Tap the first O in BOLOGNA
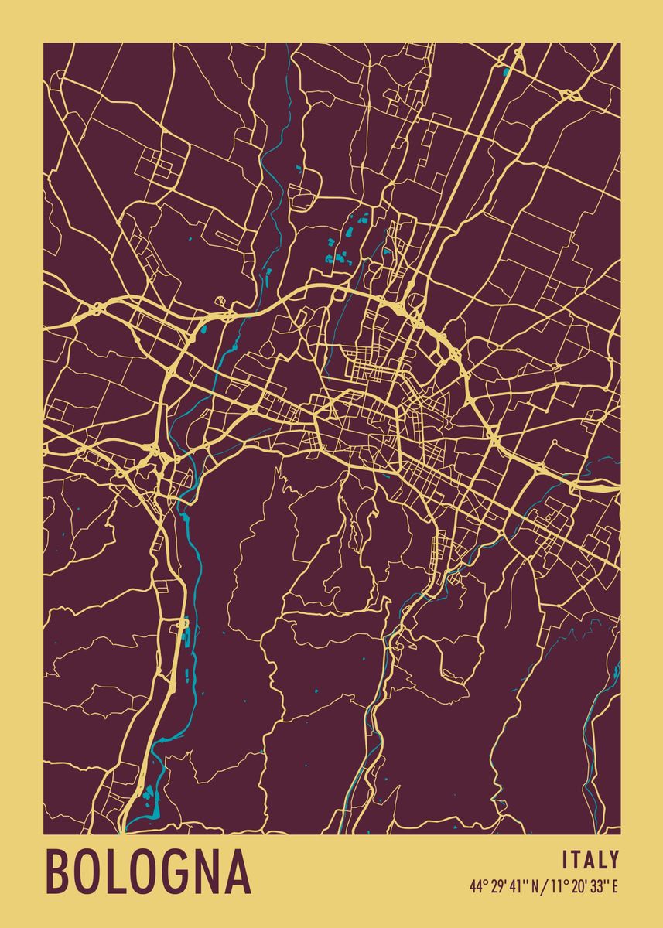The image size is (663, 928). click(x=90, y=872)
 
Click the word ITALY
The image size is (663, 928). click(x=590, y=860)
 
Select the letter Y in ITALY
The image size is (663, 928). click(x=613, y=860)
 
